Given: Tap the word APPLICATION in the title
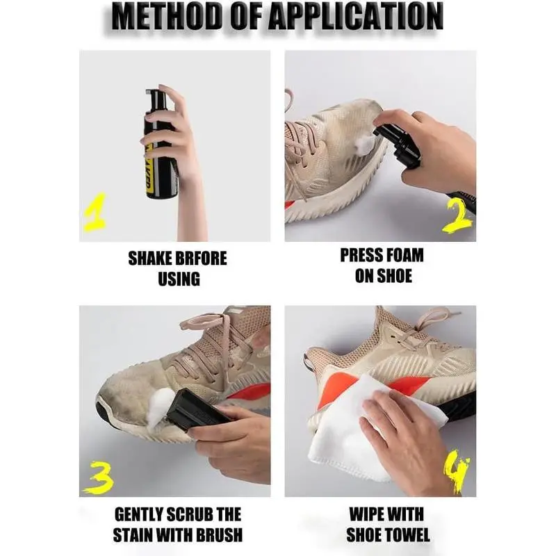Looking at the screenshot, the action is pos(357,16).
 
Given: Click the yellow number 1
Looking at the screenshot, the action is pos(95,212).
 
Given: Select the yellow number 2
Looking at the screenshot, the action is pos(457,215).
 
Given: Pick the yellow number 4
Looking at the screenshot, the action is pos(457,471).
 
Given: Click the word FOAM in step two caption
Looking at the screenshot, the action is pos(404,255).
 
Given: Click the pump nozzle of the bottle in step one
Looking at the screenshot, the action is pos(154,97).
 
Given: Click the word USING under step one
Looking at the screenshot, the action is pos(179,279).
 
